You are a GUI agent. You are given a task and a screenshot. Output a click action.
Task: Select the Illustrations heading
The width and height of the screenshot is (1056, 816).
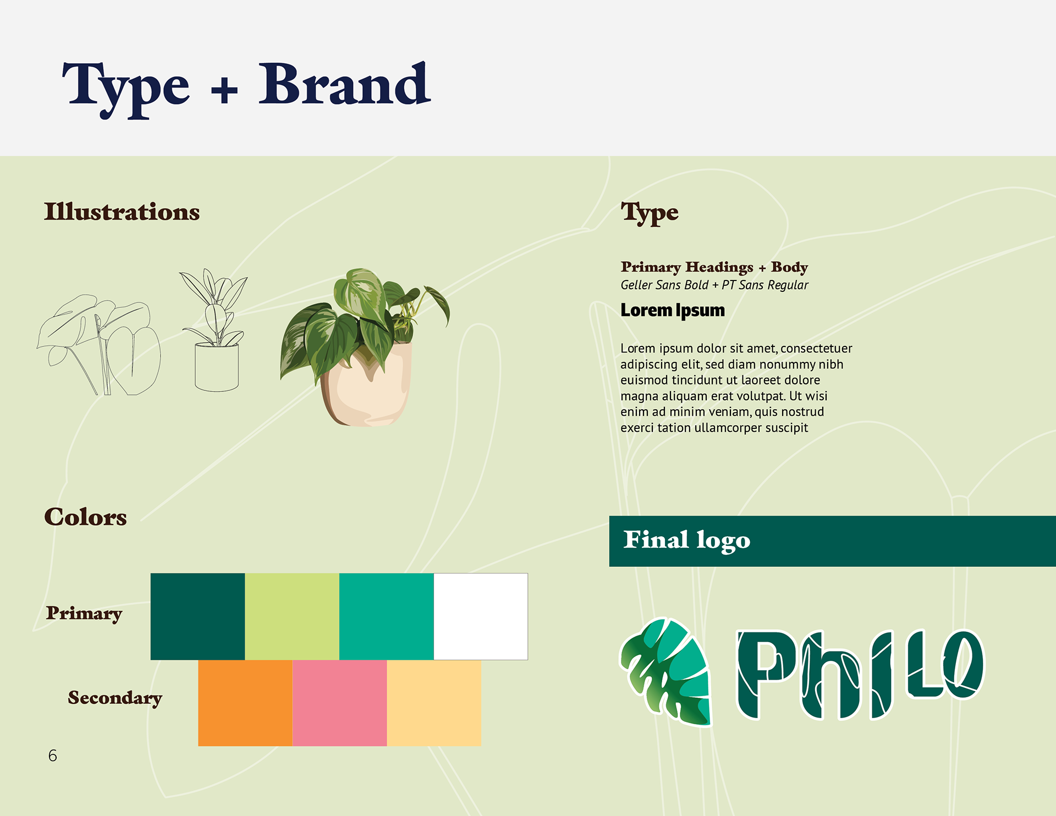122,212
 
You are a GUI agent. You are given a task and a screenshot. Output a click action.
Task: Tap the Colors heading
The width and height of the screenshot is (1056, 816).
85,517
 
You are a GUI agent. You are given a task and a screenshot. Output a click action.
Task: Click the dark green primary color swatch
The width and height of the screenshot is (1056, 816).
197,616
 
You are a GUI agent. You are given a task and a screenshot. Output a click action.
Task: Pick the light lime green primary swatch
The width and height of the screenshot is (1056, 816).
292,616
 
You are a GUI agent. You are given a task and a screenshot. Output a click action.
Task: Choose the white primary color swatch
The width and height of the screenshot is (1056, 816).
481,616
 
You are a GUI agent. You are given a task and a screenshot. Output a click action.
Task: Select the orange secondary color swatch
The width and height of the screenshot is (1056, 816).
245,703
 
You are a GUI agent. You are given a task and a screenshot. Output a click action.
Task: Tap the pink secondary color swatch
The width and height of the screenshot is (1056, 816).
340,703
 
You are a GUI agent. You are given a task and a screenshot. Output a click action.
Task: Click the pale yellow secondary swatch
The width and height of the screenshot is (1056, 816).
434,703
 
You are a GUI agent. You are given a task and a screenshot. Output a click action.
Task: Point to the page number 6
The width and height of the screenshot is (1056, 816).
53,756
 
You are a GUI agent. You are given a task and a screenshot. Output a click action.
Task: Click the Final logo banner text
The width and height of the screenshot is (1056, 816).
686,541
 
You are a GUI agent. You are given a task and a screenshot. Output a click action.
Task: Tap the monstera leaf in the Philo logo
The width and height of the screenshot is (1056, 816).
666,671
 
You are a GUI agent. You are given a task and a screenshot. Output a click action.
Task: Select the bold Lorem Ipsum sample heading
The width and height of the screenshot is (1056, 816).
673,311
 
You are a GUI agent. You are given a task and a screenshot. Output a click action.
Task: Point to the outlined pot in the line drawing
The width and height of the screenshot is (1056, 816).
217,367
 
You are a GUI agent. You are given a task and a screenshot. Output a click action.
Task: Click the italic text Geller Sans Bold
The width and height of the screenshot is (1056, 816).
664,285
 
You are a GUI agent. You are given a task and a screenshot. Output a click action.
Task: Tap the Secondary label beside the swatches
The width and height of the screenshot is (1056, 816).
115,698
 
